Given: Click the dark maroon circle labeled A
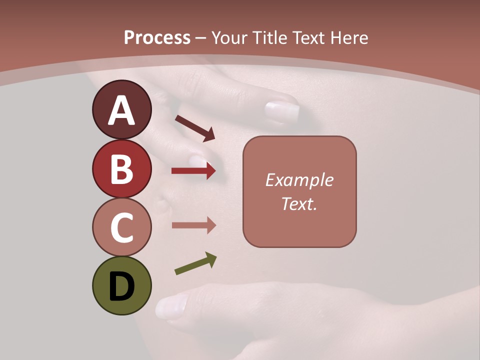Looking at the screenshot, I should [121, 109].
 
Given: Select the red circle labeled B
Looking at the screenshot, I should [121, 168].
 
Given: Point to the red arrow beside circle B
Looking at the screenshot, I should [193, 171].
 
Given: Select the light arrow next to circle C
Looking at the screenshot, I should [193, 225].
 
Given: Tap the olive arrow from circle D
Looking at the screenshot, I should [195, 263].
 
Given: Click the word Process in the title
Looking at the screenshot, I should [157, 37].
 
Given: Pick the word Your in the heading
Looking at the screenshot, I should [229, 37].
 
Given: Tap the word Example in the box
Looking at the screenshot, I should [299, 180].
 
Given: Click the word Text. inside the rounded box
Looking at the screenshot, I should [299, 203].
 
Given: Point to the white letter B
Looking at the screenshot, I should [121, 168].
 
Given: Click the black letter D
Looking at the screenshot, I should [121, 286].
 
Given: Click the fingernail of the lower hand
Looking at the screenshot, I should [171, 306].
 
